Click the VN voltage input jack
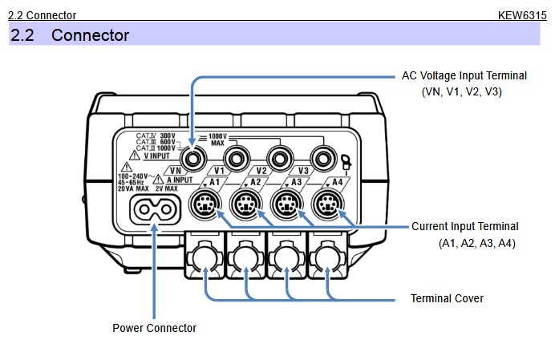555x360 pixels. coord(192,152)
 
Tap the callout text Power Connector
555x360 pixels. coord(154,327)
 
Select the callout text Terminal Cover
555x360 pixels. coord(447,298)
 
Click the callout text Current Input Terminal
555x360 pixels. coord(464,226)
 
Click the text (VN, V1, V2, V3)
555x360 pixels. coord(461,92)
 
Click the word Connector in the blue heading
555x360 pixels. coord(90,35)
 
